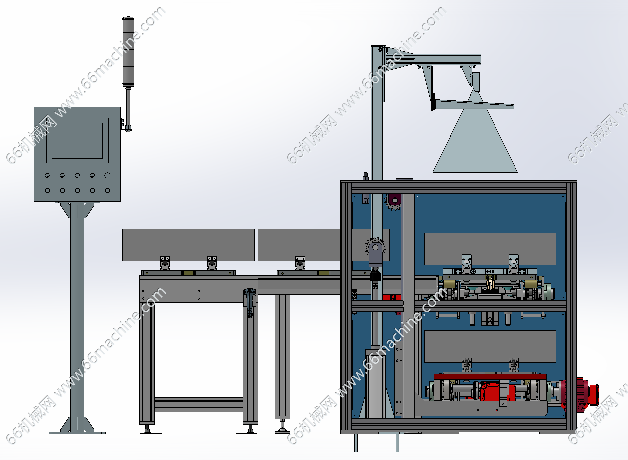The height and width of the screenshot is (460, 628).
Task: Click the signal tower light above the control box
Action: (x=128, y=52)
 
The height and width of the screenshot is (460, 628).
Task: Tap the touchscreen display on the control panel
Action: (x=77, y=140)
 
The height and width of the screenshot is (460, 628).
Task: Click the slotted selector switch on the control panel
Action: (x=107, y=175)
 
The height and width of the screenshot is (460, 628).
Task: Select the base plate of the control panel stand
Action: (x=77, y=433)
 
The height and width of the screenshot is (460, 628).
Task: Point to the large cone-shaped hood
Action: (x=475, y=137)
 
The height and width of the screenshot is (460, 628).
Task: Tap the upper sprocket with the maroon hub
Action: (x=394, y=201)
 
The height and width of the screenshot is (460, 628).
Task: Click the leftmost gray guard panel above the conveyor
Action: (x=188, y=245)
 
